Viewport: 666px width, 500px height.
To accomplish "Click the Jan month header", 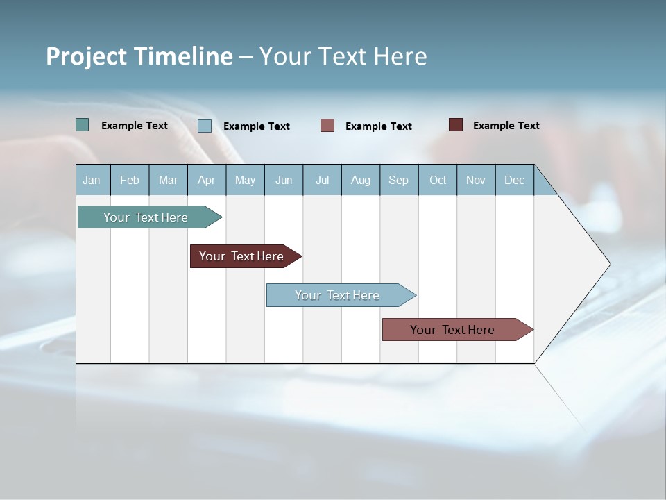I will [x=92, y=180].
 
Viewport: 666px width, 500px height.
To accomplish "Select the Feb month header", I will [x=130, y=180].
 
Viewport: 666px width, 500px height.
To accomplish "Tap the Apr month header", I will [x=207, y=180].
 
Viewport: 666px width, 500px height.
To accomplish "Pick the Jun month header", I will [x=284, y=180].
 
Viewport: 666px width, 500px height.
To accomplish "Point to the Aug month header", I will [x=361, y=180].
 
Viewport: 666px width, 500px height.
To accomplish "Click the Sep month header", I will [x=399, y=180].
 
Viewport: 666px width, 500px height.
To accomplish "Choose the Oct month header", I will [x=438, y=180].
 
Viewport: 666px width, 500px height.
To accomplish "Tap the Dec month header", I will [x=515, y=180].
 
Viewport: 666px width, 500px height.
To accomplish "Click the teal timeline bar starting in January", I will [x=146, y=217].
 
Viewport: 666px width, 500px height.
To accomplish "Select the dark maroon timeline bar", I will [x=242, y=256].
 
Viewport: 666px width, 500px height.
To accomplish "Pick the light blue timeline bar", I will [x=337, y=295].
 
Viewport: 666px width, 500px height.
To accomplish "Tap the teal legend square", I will [x=82, y=125].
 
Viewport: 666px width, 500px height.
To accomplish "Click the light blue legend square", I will [x=205, y=126].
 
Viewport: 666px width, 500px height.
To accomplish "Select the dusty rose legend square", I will [x=327, y=126].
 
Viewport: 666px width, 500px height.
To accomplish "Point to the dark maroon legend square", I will [x=456, y=125].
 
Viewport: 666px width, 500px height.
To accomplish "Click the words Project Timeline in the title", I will [x=139, y=56].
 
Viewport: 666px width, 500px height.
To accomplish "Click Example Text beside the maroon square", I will [x=506, y=126].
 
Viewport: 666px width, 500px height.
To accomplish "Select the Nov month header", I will [x=476, y=180].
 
